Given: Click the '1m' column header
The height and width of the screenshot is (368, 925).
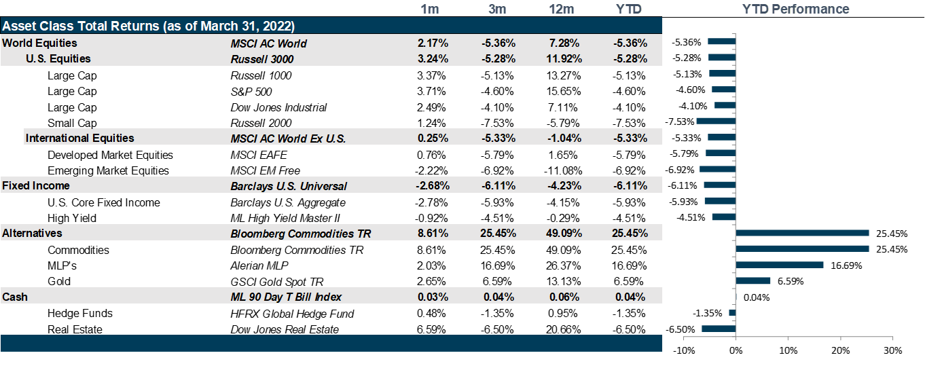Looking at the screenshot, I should pyautogui.click(x=430, y=10).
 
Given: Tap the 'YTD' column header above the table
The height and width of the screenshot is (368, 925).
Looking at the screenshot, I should pyautogui.click(x=628, y=10).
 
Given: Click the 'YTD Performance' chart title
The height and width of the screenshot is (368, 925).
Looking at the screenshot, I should pyautogui.click(x=795, y=10).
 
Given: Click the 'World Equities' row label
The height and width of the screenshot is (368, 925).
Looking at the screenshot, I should pyautogui.click(x=39, y=43).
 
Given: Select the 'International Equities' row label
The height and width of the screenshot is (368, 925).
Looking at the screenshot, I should pyautogui.click(x=79, y=138).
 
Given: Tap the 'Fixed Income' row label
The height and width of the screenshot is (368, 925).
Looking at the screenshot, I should pyautogui.click(x=36, y=185).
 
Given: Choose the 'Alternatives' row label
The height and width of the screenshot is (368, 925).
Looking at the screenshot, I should pyautogui.click(x=32, y=233).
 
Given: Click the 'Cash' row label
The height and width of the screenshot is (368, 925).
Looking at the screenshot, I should pyautogui.click(x=15, y=297).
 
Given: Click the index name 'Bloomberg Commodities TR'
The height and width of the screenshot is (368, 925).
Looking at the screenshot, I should pyautogui.click(x=301, y=234).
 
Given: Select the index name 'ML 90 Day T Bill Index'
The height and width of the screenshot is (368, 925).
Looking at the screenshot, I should pyautogui.click(x=286, y=297).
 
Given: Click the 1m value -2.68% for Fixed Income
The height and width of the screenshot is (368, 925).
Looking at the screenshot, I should pyautogui.click(x=433, y=185).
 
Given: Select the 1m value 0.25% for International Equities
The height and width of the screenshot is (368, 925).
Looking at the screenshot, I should pyautogui.click(x=434, y=138).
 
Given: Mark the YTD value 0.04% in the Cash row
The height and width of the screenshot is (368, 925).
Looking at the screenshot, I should pyautogui.click(x=630, y=297).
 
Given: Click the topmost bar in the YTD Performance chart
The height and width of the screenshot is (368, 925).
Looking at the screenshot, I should pyautogui.click(x=721, y=41).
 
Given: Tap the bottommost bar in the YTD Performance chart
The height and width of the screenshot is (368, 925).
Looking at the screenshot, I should pyautogui.click(x=719, y=329).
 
